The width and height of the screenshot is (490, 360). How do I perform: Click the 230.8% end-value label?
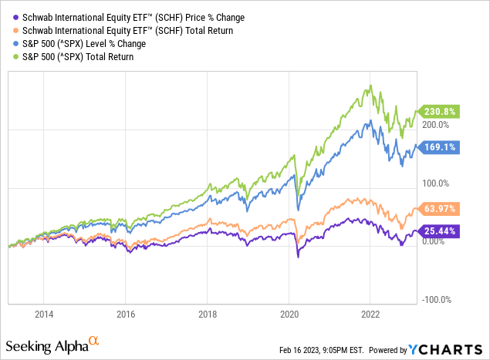point(438,111)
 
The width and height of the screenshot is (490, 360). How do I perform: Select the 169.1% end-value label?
point(438,146)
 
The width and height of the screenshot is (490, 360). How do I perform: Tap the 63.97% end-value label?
point(438,208)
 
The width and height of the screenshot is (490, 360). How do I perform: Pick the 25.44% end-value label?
point(438,230)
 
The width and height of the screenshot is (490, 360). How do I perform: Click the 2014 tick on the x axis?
point(44,314)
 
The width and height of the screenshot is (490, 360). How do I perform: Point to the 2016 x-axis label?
point(126,314)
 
